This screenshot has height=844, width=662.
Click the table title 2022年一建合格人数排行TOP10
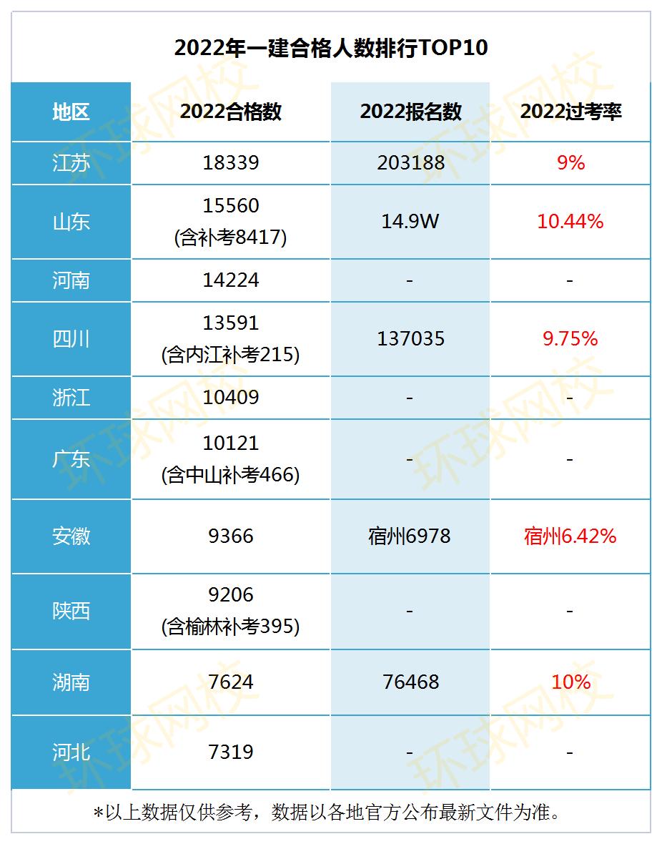click(330, 48)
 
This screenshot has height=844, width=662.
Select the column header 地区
click(71, 112)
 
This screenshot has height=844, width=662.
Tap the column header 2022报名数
click(410, 112)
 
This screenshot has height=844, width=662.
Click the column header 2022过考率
click(570, 112)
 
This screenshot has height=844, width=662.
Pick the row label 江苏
click(71, 163)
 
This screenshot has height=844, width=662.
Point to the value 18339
click(230, 163)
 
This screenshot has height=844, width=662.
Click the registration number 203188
click(410, 163)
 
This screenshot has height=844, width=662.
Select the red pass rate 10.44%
click(570, 222)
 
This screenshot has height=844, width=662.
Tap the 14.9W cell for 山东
click(410, 222)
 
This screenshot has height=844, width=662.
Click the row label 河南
click(71, 280)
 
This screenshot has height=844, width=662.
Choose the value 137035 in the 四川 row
click(410, 339)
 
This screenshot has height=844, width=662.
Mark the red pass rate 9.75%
click(570, 339)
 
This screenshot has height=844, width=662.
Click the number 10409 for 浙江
click(230, 398)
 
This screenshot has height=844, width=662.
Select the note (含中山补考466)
click(230, 474)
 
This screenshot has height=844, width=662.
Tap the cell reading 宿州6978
click(410, 536)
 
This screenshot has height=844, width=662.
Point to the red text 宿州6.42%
click(570, 536)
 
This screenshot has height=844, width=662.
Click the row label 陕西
click(71, 612)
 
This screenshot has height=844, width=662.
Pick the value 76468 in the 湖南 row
click(410, 682)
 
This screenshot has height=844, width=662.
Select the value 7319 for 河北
click(230, 752)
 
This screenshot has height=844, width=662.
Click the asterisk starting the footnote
click(99, 813)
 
